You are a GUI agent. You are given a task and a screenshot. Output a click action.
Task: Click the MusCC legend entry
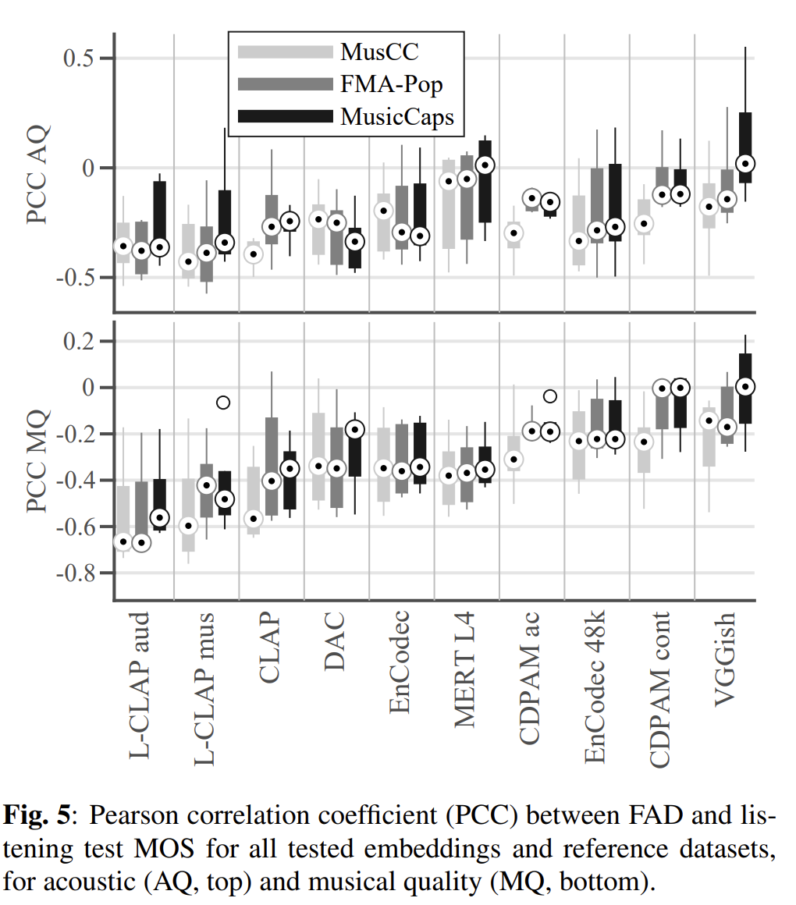tap(379, 52)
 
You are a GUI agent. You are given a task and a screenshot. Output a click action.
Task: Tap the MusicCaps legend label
tap(396, 117)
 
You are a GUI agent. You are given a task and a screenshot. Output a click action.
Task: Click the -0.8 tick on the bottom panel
tap(76, 573)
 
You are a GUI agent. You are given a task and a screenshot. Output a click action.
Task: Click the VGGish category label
tap(726, 660)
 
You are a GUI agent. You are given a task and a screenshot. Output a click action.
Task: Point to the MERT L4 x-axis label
tap(465, 672)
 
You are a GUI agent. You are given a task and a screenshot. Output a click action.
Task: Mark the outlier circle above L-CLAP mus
tap(223, 403)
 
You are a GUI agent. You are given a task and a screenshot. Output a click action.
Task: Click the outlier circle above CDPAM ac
tap(549, 396)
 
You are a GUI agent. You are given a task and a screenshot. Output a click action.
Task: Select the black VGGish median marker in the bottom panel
tap(745, 386)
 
